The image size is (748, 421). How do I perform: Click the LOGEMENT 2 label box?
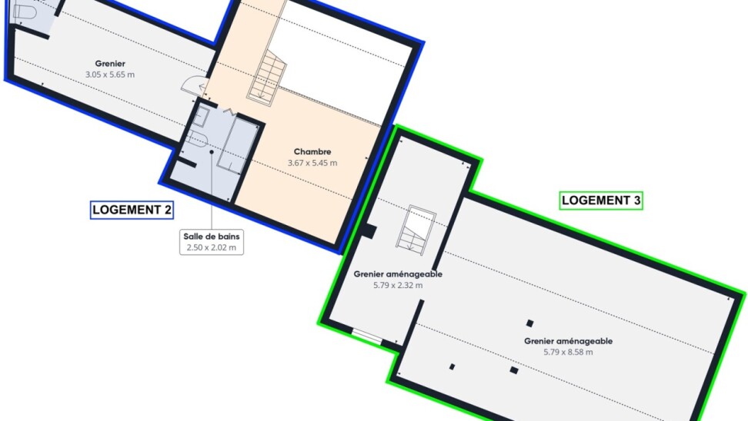(132, 210)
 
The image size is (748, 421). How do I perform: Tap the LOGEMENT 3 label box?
(601, 201)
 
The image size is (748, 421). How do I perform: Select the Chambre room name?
(312, 151)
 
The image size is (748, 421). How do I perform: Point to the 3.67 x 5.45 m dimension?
(312, 163)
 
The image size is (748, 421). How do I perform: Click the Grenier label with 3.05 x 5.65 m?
(110, 63)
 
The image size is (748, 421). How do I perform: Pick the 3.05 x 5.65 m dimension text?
(110, 75)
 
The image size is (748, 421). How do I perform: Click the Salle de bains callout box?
(212, 242)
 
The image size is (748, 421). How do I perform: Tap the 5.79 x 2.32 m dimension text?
(398, 285)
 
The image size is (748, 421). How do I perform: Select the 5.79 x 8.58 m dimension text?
(568, 353)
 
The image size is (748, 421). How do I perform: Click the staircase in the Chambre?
(267, 78)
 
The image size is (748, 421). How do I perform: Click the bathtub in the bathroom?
(238, 144)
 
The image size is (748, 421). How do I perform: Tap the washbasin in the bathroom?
(200, 117)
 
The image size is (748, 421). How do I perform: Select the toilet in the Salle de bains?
(196, 138)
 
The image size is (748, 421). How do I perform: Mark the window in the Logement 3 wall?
(367, 336)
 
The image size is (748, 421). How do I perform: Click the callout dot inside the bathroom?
(212, 152)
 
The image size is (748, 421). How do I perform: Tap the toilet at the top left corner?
(24, 11)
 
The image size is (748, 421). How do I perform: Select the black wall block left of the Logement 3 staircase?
(369, 231)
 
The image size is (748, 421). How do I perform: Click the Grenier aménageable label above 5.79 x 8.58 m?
(568, 341)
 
